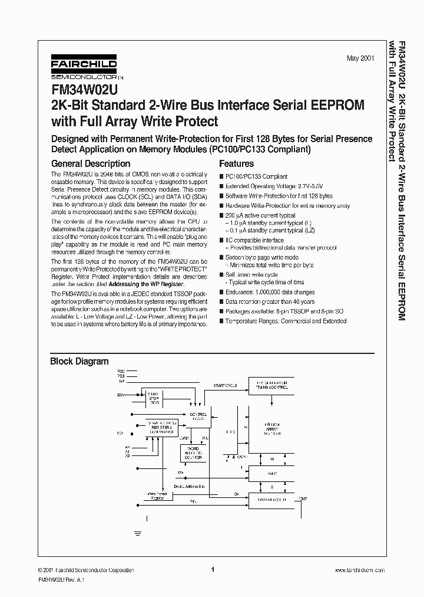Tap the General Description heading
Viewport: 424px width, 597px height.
tap(91, 163)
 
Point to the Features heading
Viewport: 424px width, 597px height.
tap(236, 163)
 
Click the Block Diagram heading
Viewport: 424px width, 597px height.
tap(79, 361)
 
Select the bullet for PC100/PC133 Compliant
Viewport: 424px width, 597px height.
tap(222, 176)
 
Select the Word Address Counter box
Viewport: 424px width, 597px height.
tap(193, 453)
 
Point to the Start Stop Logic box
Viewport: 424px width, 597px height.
tap(154, 398)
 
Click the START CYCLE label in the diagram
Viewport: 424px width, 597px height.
tap(226, 385)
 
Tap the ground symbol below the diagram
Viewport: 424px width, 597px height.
tap(138, 533)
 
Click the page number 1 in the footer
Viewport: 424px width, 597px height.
tap(212, 569)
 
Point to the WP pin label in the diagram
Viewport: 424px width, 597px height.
tap(121, 382)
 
